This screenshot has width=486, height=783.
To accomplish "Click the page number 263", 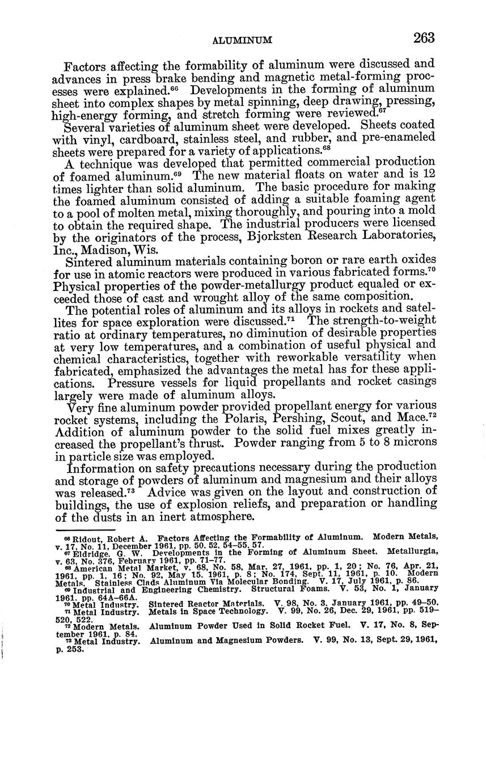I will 424,38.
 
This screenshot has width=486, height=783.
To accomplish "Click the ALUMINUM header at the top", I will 242,41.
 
